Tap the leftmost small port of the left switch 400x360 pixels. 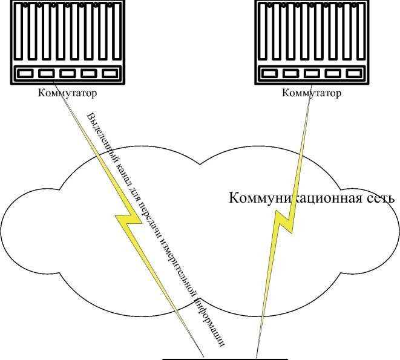coord(25,73)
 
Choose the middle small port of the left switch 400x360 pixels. coord(67,73)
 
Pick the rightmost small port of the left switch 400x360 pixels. coord(110,73)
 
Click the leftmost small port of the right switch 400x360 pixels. coord(269,73)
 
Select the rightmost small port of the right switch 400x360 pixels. coord(353,73)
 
